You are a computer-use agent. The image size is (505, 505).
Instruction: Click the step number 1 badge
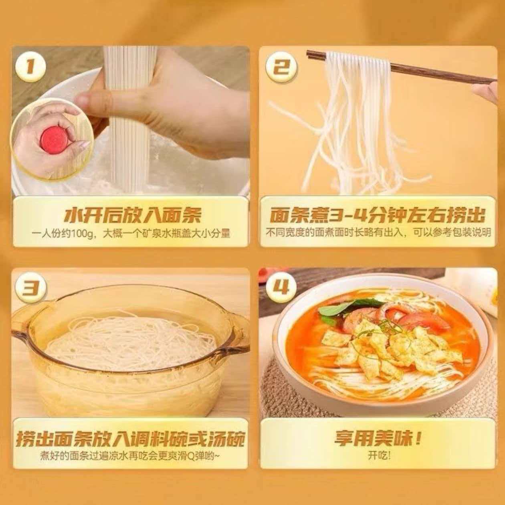coord(31,67)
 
